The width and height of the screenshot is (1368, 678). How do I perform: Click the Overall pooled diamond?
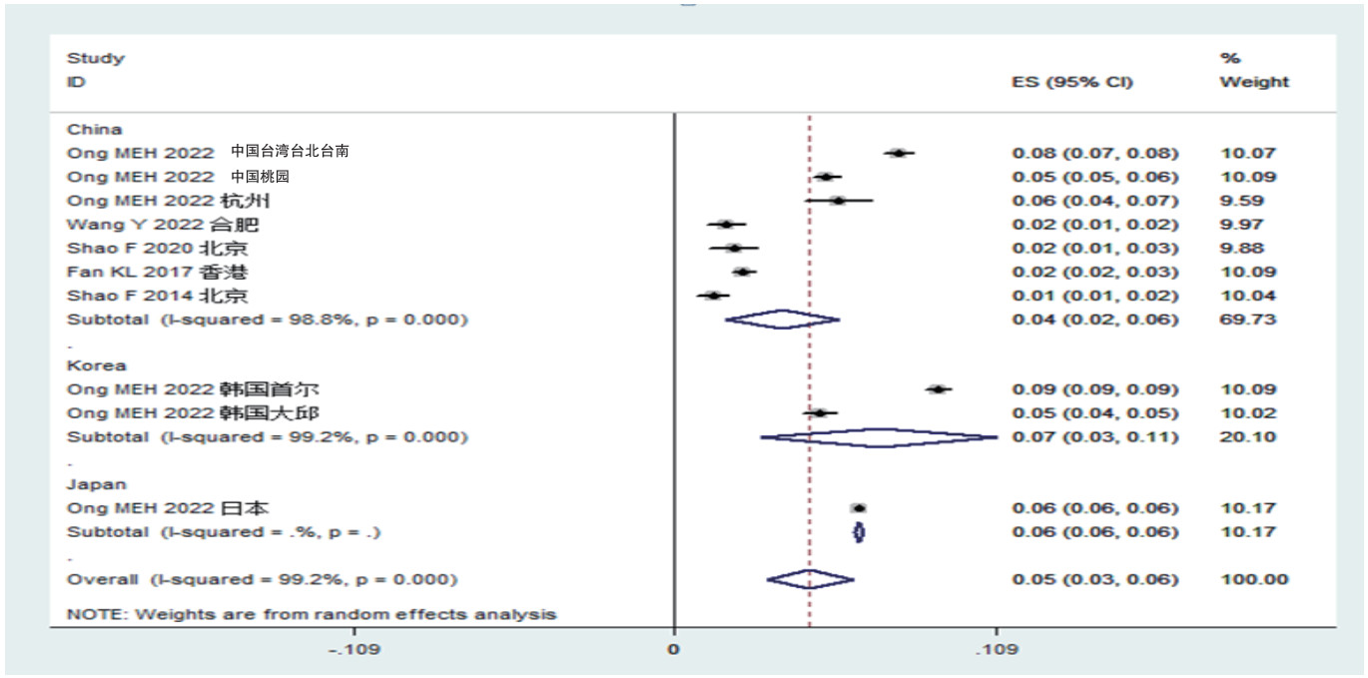click(810, 579)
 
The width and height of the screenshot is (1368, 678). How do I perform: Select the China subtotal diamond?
click(782, 320)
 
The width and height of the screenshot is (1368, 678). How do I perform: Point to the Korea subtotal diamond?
click(879, 437)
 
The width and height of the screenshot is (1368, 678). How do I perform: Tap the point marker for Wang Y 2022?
click(726, 225)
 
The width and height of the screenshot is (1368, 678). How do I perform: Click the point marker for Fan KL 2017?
click(742, 272)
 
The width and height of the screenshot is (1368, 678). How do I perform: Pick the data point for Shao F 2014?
click(713, 296)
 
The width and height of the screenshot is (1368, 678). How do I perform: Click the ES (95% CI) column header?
click(1072, 82)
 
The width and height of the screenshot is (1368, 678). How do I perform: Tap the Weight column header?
click(1254, 82)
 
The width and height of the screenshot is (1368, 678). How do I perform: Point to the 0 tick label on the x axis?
click(674, 650)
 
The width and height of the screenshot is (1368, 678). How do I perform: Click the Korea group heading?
click(96, 365)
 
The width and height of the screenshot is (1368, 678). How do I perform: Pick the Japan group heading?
click(96, 484)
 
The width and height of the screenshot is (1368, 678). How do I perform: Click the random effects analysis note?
click(311, 614)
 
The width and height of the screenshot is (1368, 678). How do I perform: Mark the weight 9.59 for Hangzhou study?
click(1236, 201)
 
